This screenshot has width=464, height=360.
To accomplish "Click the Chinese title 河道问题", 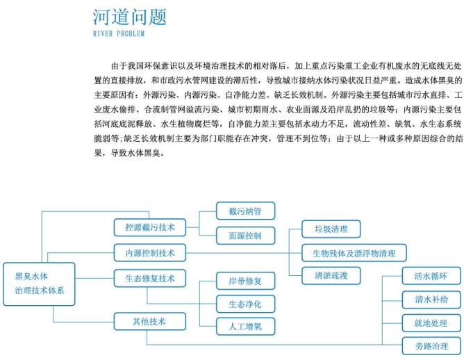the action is tap(130, 17).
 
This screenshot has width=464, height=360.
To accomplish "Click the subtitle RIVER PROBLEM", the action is tap(119, 33).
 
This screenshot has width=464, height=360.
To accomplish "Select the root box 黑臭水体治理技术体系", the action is tap(39, 284).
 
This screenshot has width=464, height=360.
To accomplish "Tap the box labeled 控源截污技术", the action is tap(150, 227).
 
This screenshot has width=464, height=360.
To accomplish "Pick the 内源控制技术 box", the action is tap(150, 253).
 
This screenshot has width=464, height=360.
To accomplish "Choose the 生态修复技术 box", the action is tap(150, 278).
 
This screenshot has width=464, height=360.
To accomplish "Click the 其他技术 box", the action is tap(150, 321).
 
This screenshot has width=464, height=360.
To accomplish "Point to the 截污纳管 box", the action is tap(246, 211).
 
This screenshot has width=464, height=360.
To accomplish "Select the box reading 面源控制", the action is tap(246, 236).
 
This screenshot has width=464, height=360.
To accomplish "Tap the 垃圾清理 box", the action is tap(331, 229).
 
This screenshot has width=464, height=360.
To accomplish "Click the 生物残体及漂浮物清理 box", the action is tap(354, 253).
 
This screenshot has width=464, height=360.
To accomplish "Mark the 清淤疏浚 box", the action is tap(331, 276).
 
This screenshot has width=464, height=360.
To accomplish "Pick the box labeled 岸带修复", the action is tap(246, 281).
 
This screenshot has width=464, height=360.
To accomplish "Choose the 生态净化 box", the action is tap(246, 304).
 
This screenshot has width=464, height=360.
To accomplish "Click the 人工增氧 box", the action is tap(246, 326).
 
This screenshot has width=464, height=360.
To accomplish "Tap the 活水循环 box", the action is tap(431, 276).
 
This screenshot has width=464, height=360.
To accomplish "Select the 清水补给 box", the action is tap(431, 300).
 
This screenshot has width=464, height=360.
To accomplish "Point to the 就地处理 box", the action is tap(431, 323).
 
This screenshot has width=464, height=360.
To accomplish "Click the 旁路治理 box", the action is tap(431, 346).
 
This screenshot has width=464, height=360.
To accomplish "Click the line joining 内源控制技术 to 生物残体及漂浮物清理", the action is tap(244, 253).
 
